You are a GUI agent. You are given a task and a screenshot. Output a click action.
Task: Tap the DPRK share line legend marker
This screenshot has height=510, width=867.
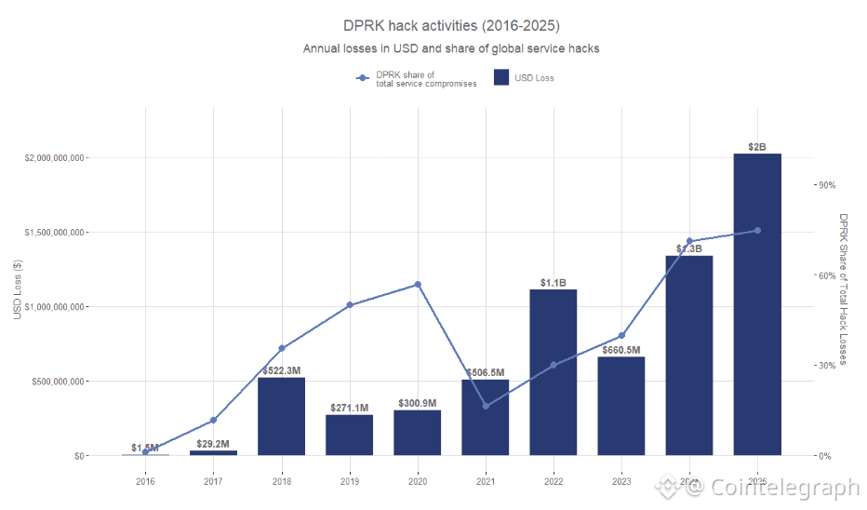pyautogui.click(x=363, y=78)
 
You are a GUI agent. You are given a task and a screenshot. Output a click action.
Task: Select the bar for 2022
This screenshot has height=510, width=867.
pyautogui.click(x=554, y=372)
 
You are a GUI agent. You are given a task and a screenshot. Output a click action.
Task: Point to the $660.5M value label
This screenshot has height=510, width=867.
pyautogui.click(x=621, y=351)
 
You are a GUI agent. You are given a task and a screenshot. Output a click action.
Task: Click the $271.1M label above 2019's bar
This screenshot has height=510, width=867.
pyautogui.click(x=350, y=409)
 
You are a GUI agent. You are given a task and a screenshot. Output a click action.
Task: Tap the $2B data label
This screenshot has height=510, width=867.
pyautogui.click(x=757, y=147)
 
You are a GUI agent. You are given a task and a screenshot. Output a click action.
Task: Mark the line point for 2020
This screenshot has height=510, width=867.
pyautogui.click(x=418, y=285)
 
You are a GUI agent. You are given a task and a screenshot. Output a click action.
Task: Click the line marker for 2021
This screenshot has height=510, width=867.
pyautogui.click(x=486, y=406)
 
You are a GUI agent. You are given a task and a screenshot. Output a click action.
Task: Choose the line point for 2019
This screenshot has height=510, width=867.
pyautogui.click(x=350, y=305)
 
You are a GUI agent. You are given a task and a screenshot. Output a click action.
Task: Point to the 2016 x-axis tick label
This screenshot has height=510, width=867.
pyautogui.click(x=145, y=481)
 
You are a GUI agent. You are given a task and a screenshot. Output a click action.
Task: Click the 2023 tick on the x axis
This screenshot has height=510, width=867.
pyautogui.click(x=621, y=481)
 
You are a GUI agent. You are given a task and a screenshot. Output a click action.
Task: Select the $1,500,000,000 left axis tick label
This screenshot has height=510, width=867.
pyautogui.click(x=56, y=233)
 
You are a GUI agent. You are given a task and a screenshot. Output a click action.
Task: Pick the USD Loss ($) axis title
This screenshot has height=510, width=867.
pyautogui.click(x=18, y=289)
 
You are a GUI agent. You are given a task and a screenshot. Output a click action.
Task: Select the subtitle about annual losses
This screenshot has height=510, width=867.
pyautogui.click(x=451, y=48)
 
